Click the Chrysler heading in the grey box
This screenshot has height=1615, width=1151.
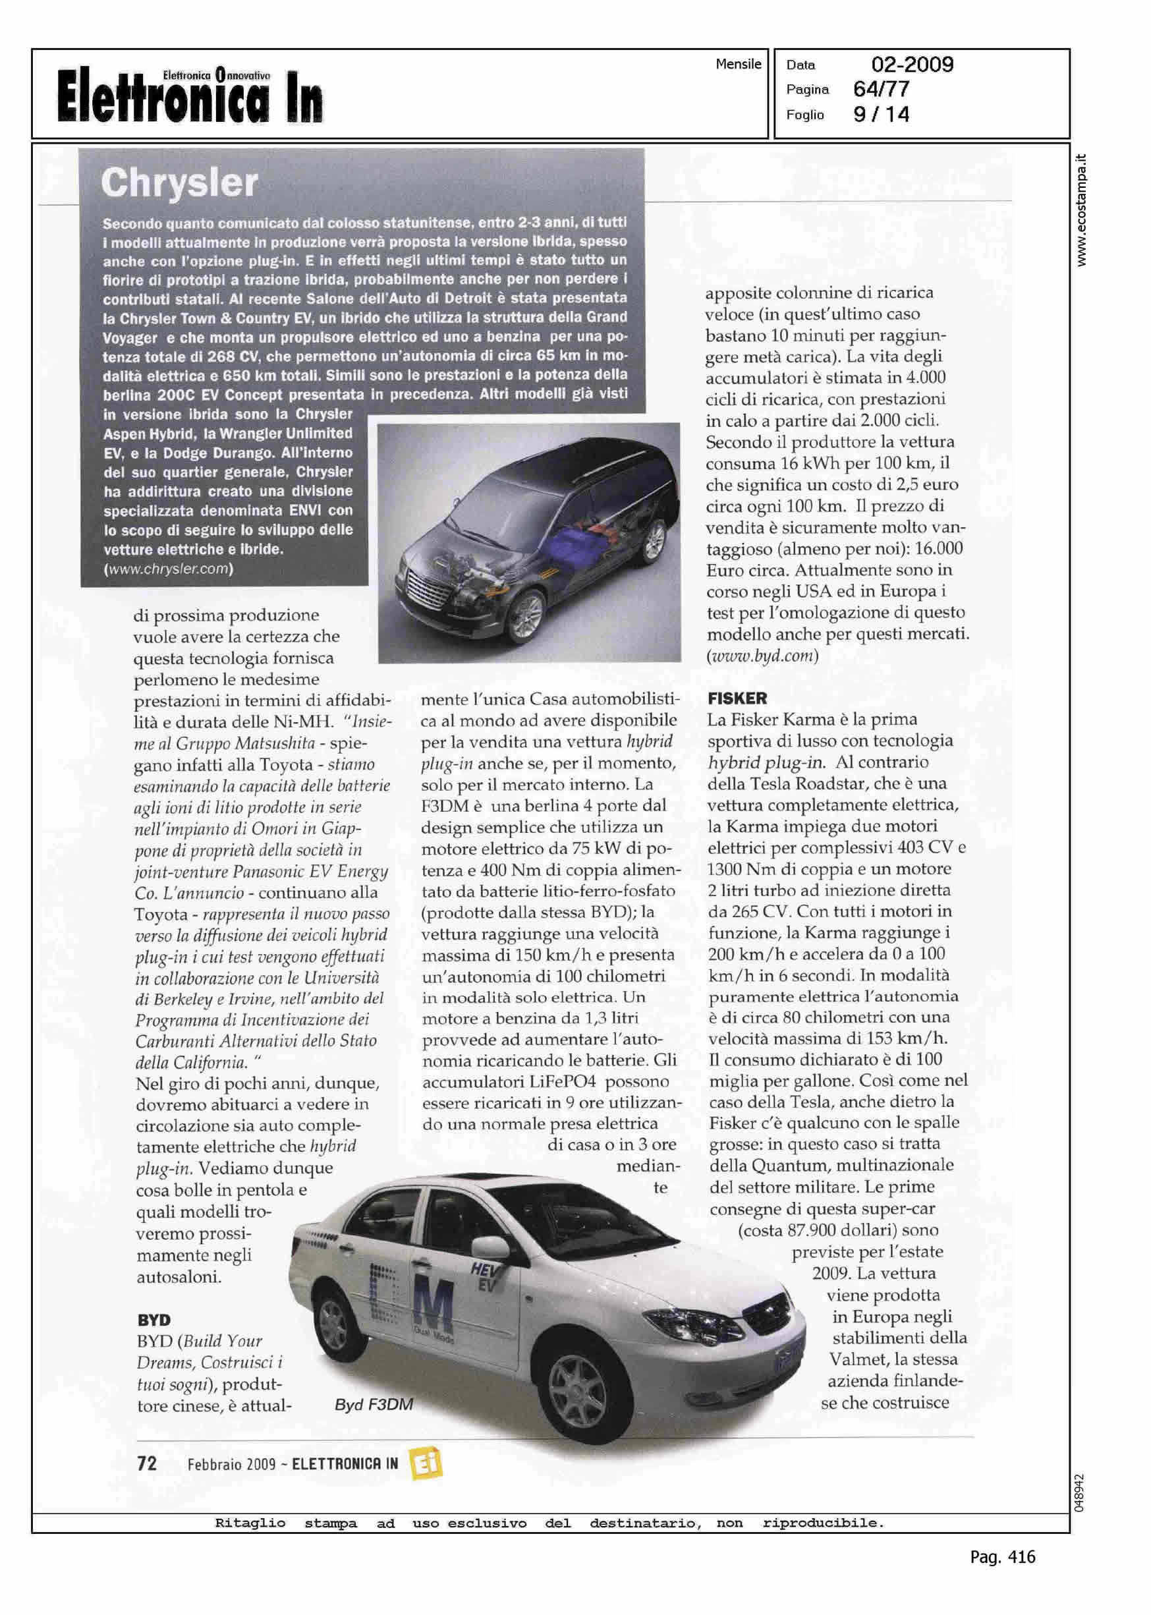click(x=179, y=184)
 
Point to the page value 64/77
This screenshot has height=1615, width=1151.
click(x=882, y=90)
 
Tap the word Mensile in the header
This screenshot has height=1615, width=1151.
click(x=738, y=65)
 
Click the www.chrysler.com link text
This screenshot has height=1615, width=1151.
click(x=169, y=569)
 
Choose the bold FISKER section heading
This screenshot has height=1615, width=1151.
click(x=737, y=698)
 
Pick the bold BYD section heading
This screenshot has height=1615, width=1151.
click(x=154, y=1320)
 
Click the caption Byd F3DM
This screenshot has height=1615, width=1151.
click(x=374, y=1405)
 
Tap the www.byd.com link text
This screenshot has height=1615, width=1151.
click(x=762, y=656)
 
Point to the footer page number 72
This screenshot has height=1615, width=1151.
click(x=147, y=1463)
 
